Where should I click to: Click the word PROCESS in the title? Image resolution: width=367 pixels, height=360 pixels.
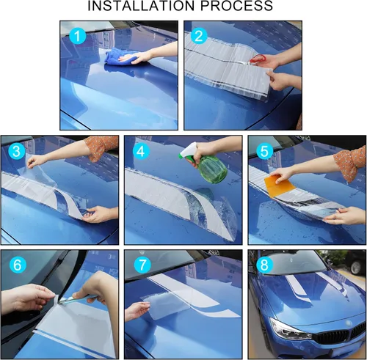pos(236,6)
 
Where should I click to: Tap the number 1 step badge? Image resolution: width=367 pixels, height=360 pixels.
pos(78,36)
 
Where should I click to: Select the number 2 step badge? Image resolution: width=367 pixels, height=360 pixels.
pos(199,36)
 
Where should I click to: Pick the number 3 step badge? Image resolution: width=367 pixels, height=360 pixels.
pos(17,151)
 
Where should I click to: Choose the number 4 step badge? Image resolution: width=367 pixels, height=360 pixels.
pos(141,151)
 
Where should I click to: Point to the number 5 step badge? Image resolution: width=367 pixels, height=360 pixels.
pos(265,151)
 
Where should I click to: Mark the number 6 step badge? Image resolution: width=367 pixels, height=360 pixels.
pos(17,265)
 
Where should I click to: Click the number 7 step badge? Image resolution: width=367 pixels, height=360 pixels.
pos(142,265)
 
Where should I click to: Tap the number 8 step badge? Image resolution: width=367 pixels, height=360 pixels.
pos(265,265)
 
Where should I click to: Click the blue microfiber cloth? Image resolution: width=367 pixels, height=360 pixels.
pos(117,56)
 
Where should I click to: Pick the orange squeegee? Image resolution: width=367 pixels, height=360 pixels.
pos(279,185)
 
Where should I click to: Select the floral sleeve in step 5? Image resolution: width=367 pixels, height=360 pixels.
pos(350,164)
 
